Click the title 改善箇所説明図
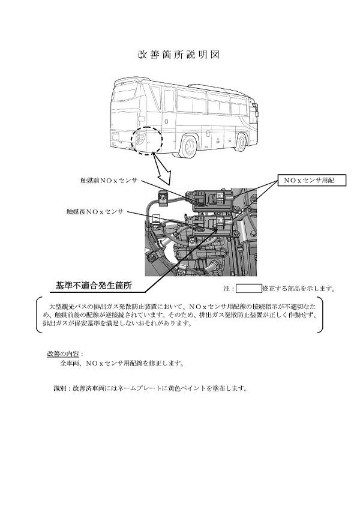pyautogui.click(x=179, y=55)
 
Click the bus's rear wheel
pyautogui.click(x=189, y=146)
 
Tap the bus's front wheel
pyautogui.click(x=241, y=142)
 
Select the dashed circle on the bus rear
pyautogui.click(x=146, y=141)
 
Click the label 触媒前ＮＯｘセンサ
pyautogui.click(x=109, y=181)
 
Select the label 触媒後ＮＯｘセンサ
pyautogui.click(x=95, y=212)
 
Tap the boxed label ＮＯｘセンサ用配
pyautogui.click(x=311, y=181)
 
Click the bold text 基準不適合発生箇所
pyautogui.click(x=94, y=285)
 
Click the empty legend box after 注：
pyautogui.click(x=248, y=288)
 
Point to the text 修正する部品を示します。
pyautogui.click(x=299, y=288)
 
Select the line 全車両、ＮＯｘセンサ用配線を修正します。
pyautogui.click(x=122, y=363)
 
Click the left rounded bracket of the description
pyautogui.click(x=40, y=315)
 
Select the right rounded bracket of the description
pyautogui.click(x=320, y=315)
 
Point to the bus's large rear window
pyautogui.click(x=124, y=94)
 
